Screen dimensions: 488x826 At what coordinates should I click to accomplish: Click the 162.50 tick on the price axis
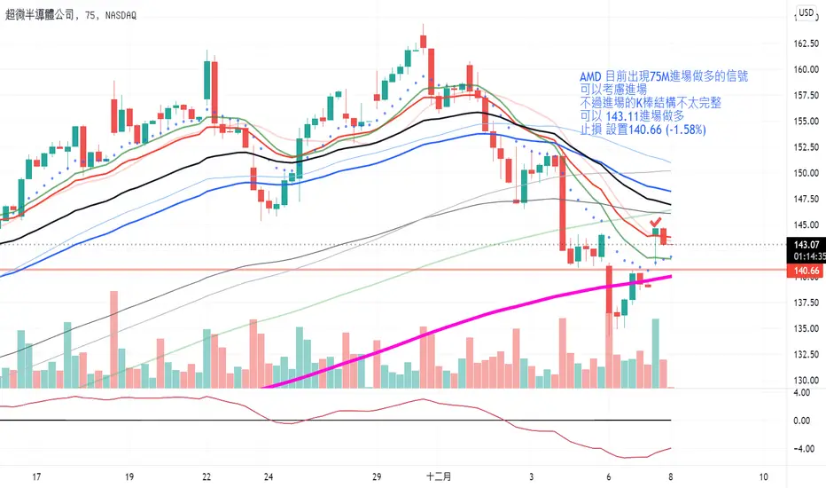pos(805,43)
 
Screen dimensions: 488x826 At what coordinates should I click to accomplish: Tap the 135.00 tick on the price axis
pos(805,328)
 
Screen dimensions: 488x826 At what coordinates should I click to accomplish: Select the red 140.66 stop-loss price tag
pos(801,270)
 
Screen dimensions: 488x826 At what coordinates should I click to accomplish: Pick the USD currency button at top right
pos(807,12)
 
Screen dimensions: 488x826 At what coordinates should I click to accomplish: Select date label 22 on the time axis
pos(206,476)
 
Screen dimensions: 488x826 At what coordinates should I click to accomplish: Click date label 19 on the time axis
pos(129,476)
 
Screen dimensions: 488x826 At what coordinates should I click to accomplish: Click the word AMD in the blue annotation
pos(588,77)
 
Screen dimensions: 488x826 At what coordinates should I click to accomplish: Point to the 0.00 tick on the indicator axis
pos(803,420)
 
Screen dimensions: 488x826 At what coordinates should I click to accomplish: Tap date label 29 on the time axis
pos(378,476)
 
